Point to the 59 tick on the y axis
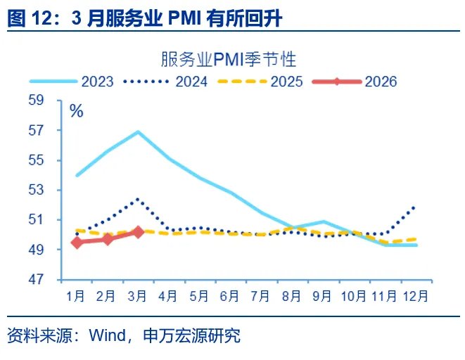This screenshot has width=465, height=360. pyautogui.click(x=56, y=101)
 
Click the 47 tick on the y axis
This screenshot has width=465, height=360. pyautogui.click(x=56, y=280)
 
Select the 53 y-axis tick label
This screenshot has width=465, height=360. pyautogui.click(x=56, y=190)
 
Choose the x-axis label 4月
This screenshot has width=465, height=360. pyautogui.click(x=169, y=296)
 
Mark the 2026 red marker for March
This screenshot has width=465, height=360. pyautogui.click(x=139, y=231)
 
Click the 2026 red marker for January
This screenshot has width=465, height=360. pyautogui.click(x=77, y=243)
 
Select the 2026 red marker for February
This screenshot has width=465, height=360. pyautogui.click(x=108, y=239)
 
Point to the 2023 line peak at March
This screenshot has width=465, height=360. pyautogui.click(x=139, y=131)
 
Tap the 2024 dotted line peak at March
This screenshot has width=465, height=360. pyautogui.click(x=139, y=199)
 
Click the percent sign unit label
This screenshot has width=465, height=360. pyautogui.click(x=76, y=110)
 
